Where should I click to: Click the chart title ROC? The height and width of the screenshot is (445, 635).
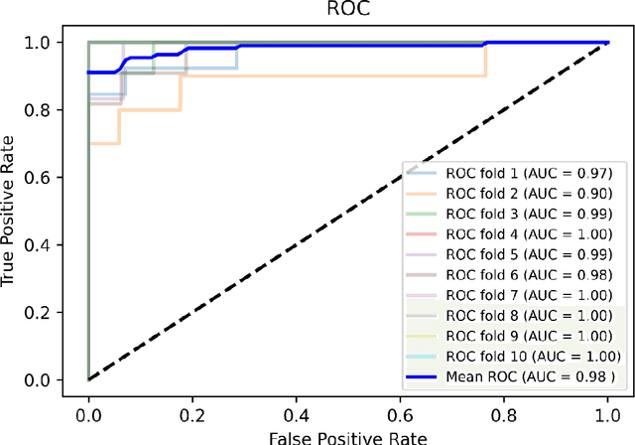pos(347,11)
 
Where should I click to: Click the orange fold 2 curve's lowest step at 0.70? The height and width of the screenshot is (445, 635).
pos(104,143)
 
